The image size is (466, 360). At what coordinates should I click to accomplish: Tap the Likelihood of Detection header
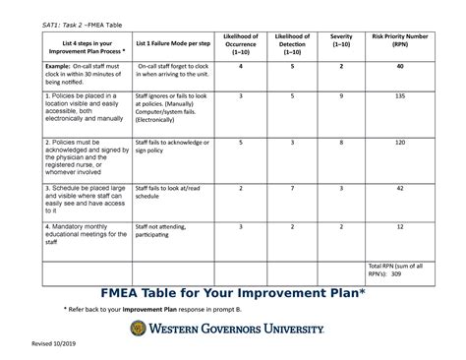tap(292, 43)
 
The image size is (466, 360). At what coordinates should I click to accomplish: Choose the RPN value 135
tap(400, 97)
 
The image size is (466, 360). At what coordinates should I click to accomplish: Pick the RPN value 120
tap(400, 143)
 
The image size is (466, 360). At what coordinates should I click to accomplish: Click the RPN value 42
tap(400, 187)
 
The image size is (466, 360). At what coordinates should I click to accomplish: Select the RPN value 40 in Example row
tap(400, 67)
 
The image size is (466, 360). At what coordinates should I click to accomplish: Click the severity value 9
tap(340, 97)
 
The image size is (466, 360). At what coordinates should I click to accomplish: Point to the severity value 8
tap(340, 143)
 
